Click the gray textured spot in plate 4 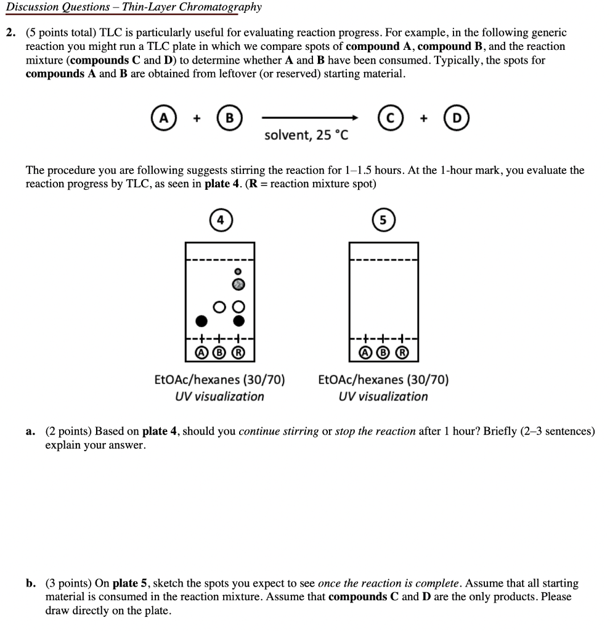(x=238, y=284)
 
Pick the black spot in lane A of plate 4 (x=201, y=320)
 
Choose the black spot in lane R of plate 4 (x=238, y=320)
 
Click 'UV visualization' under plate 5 (x=383, y=397)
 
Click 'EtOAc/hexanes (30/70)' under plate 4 (x=219, y=380)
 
